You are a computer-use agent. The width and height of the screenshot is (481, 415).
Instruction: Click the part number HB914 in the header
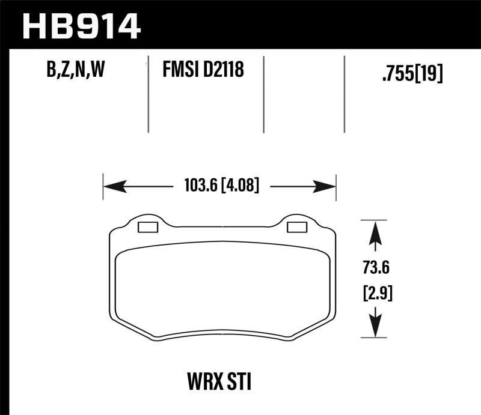81,26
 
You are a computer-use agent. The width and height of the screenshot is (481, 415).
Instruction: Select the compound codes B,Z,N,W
76,71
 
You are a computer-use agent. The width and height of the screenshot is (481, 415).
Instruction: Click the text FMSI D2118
203,71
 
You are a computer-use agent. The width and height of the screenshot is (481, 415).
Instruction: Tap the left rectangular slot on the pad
147,227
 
